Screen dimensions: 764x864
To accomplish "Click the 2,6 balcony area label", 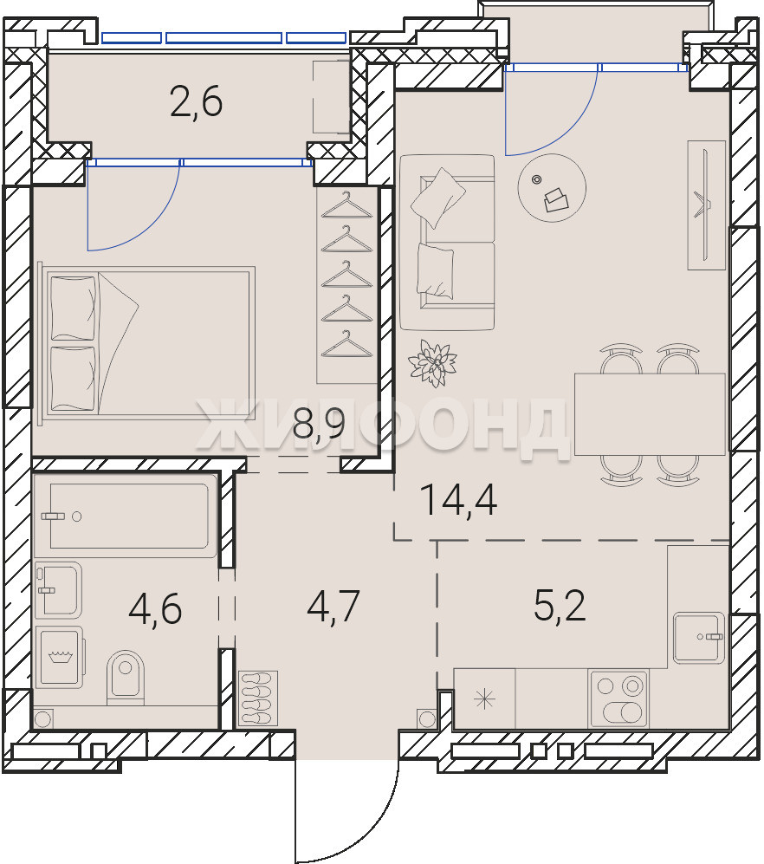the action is point(197,102).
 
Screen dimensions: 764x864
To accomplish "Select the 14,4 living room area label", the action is point(458,500).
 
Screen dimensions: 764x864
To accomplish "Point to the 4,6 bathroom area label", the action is point(155,609).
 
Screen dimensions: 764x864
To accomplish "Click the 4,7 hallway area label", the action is point(333,606).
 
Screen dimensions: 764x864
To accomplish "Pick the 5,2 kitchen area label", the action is point(560,605).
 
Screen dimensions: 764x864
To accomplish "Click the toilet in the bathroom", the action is point(126,677).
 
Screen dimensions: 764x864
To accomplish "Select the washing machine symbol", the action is point(59,657).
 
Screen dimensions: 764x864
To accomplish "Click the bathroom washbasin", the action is point(58,589).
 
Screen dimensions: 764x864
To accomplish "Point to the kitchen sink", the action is point(698,638).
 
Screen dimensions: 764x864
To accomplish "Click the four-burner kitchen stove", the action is point(618,698).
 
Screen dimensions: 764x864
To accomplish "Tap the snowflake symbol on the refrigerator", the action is point(485,699).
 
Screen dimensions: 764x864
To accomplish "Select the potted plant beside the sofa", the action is point(433,362).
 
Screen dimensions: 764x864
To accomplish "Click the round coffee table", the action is point(552,188).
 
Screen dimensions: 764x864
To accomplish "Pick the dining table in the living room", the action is point(650,414).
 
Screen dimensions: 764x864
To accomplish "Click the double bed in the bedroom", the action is point(146,341).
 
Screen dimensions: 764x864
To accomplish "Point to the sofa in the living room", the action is point(447,243).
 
